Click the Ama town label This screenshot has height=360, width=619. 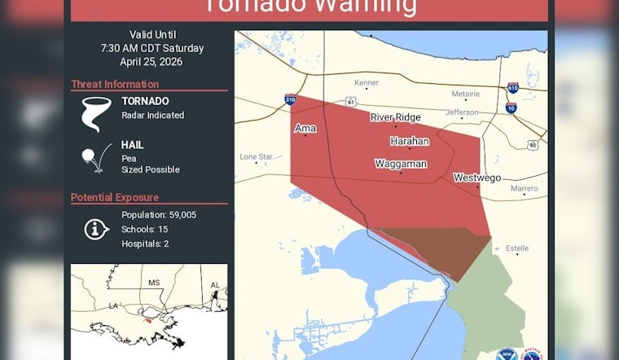(305, 129)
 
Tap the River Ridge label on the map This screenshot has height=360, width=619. (395, 117)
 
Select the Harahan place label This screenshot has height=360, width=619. (409, 141)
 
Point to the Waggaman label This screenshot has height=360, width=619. (400, 164)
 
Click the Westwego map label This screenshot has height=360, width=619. (476, 178)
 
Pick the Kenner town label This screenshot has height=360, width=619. (367, 83)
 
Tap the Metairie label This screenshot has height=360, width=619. (465, 94)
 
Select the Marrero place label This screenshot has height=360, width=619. (524, 188)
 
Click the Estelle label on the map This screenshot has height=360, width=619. (516, 248)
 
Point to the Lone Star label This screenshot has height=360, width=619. (256, 156)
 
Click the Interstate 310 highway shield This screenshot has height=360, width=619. (290, 99)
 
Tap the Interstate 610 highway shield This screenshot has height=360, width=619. (512, 87)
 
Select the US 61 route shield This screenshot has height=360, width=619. (350, 102)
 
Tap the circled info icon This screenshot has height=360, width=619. (96, 229)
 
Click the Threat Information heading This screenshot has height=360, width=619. (114, 84)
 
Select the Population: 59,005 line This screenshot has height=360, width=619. (159, 215)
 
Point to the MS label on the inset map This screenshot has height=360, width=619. (152, 282)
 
